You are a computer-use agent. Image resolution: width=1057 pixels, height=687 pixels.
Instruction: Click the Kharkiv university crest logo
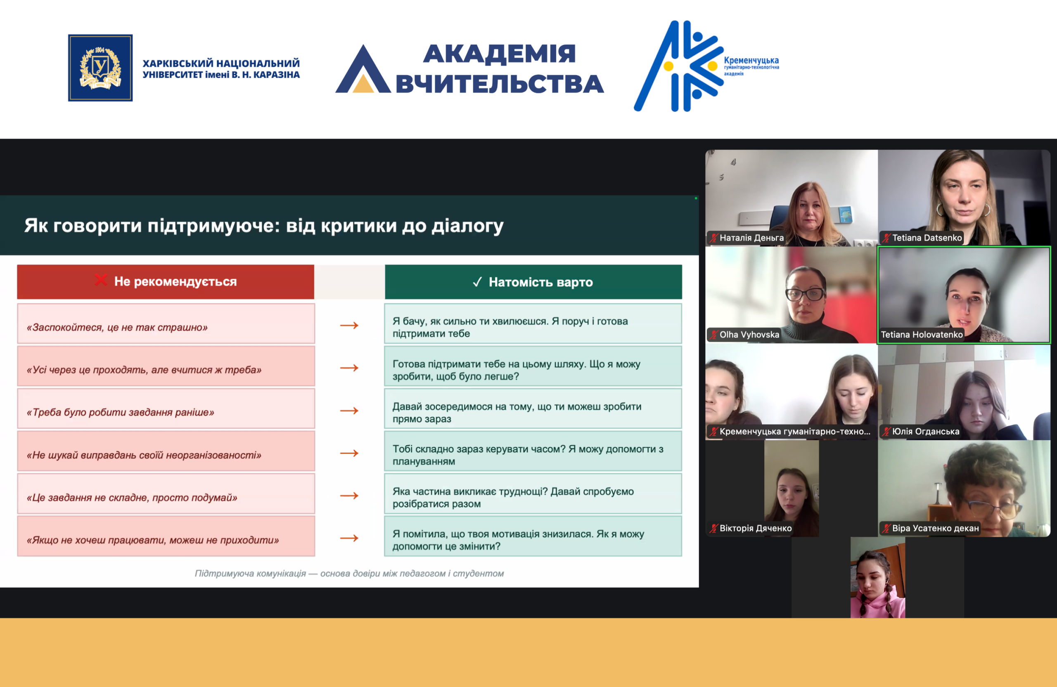(x=100, y=68)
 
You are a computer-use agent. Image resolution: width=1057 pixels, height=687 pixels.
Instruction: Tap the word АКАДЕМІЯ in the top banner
(x=499, y=54)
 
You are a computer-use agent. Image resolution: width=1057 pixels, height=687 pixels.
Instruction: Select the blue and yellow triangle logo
(x=363, y=69)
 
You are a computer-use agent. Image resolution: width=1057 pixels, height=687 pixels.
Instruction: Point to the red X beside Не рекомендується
(x=101, y=280)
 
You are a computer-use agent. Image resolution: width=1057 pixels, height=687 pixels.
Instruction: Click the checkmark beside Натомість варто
(x=477, y=282)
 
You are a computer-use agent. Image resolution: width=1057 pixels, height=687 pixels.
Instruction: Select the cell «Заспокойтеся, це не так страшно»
(x=166, y=323)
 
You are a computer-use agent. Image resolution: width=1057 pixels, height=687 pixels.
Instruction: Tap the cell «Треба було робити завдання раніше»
(x=166, y=409)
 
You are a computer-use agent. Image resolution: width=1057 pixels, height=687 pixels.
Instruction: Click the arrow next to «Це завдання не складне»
(x=349, y=496)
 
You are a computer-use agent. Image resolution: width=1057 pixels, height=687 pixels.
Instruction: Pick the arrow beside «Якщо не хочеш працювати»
(x=349, y=538)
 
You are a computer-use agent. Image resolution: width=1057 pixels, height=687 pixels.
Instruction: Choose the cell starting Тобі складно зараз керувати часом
(x=533, y=451)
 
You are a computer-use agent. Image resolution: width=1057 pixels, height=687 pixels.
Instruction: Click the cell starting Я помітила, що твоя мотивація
(x=533, y=536)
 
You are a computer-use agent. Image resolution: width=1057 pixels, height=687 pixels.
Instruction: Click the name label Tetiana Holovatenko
(x=922, y=335)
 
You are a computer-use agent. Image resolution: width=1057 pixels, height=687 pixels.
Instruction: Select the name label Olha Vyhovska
(x=749, y=335)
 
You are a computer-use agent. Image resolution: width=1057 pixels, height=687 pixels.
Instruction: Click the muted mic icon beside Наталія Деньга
(x=714, y=238)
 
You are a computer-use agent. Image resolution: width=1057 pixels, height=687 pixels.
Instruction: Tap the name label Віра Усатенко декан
(x=935, y=528)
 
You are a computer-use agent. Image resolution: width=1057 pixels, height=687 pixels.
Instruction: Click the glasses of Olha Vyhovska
(x=805, y=294)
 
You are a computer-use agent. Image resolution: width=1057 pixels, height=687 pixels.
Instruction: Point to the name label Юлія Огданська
(x=926, y=431)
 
